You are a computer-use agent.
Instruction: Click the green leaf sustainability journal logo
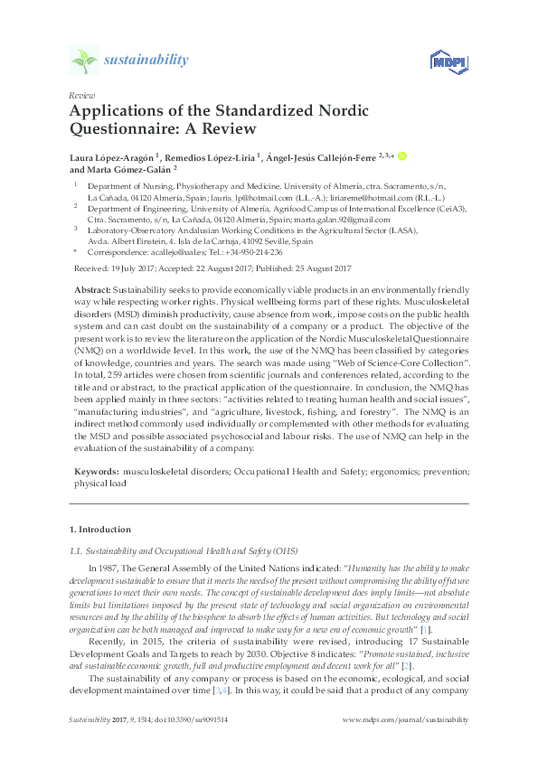[x=83, y=60]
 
